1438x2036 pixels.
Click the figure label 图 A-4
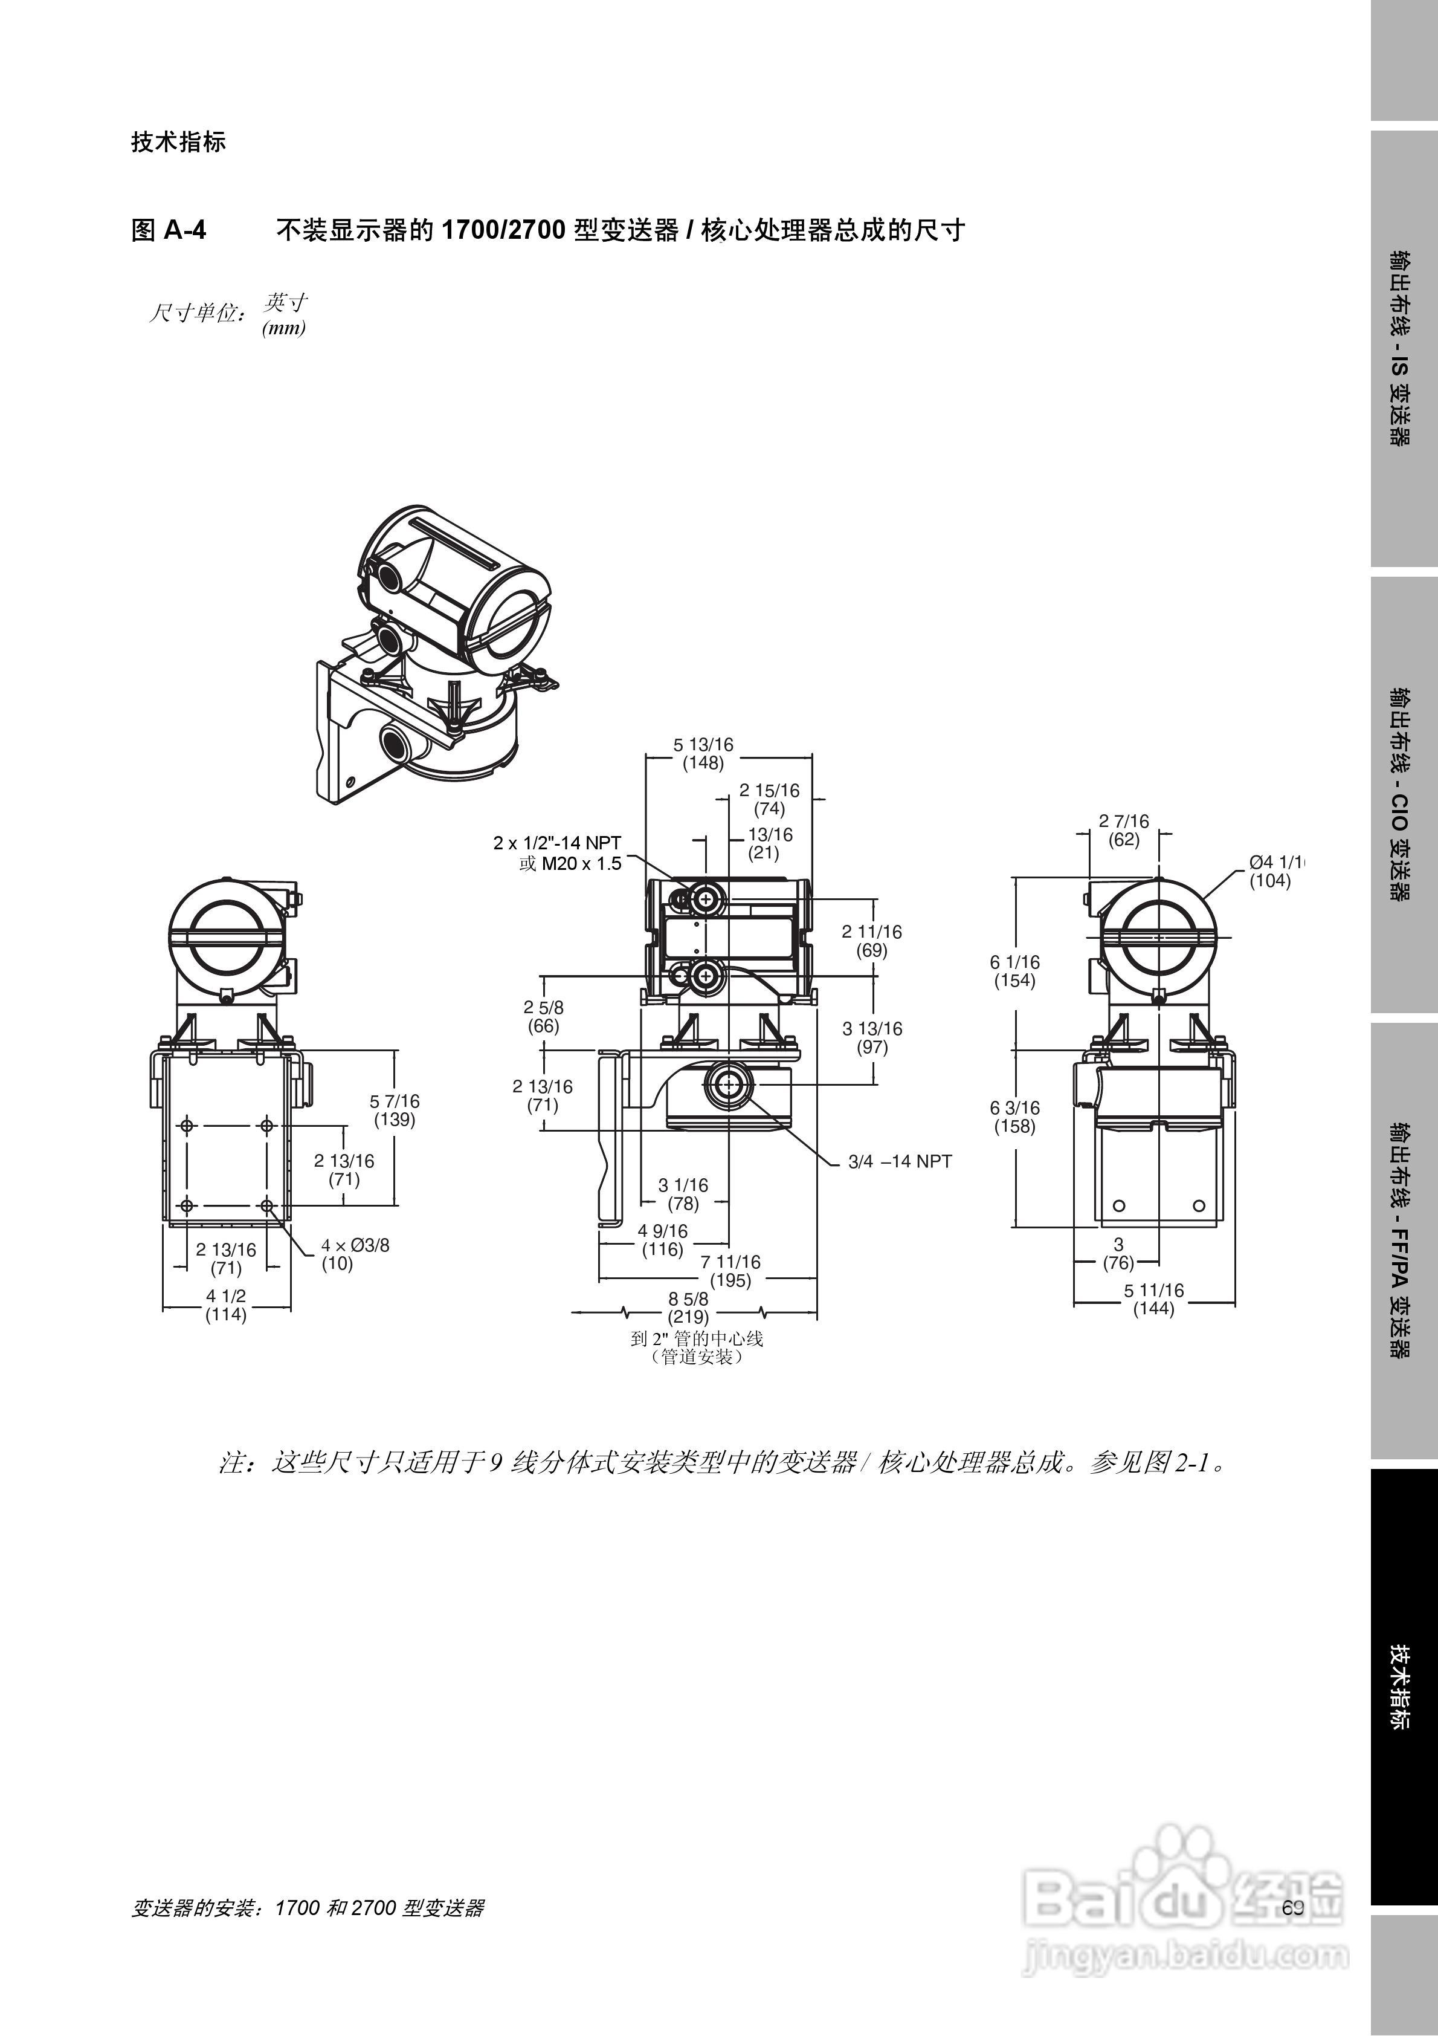pyautogui.click(x=169, y=230)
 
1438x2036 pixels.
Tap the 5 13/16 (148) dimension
pyautogui.click(x=703, y=754)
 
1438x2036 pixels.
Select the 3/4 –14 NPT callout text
pyautogui.click(x=899, y=1162)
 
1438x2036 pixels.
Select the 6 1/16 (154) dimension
pyautogui.click(x=1014, y=971)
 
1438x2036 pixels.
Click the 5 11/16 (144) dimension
pyautogui.click(x=1153, y=1299)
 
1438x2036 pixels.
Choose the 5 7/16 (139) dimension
pyautogui.click(x=395, y=1110)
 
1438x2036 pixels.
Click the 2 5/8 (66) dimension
pyautogui.click(x=543, y=1017)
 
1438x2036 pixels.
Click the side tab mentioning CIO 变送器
pyautogui.click(x=1404, y=794)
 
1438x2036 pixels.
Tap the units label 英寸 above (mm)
pyautogui.click(x=285, y=302)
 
